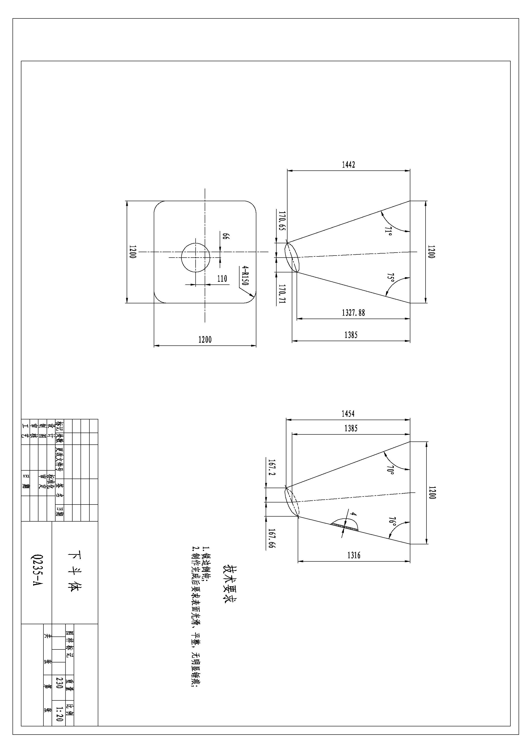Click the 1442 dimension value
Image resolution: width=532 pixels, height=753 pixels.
[x=348, y=165]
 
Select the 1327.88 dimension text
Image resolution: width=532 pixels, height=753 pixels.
[x=353, y=313]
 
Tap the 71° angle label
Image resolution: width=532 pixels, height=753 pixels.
[x=388, y=231]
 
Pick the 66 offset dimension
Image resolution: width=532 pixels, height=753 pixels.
[x=226, y=236]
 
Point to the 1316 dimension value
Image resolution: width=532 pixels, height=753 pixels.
[x=354, y=555]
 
